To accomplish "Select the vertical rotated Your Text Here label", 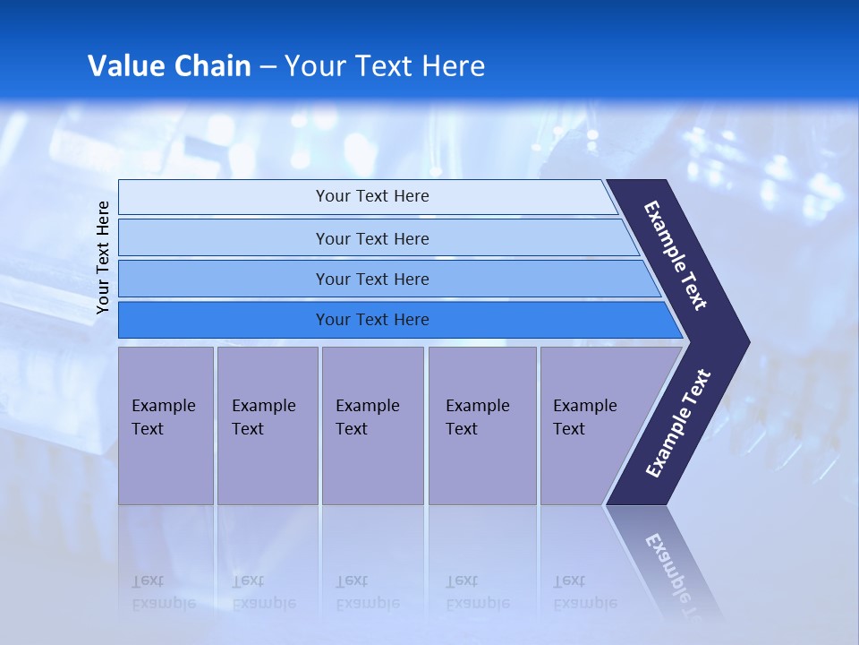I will coord(103,257).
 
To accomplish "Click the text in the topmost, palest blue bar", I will coord(372,196).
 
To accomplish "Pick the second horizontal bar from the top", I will coord(372,238).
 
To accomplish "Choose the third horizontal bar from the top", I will coord(372,279).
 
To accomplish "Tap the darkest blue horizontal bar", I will coord(372,320).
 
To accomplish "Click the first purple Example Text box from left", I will coord(166,426).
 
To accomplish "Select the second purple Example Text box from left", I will coord(267,426).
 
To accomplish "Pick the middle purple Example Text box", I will coord(372,426).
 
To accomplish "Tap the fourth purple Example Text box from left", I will coord(482,426).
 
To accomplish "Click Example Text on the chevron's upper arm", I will coord(676,255).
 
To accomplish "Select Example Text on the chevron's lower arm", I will coord(678,424).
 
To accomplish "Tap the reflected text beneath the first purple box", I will coord(163,592).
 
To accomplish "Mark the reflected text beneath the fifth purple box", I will coord(584,592).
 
